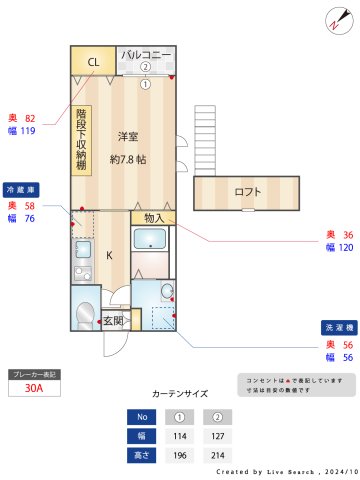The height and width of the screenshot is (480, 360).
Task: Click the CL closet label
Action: tap(93, 62)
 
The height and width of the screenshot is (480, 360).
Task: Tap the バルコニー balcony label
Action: tap(147, 54)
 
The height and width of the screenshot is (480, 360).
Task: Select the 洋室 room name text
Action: tap(127, 136)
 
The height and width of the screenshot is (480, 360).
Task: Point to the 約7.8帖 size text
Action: tap(129, 159)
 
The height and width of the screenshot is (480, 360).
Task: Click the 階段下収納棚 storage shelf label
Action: tap(81, 141)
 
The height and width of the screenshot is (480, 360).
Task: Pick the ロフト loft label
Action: tap(246, 192)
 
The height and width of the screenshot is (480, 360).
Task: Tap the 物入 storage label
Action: tap(153, 217)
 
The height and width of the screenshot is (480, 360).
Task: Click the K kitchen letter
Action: tap(109, 254)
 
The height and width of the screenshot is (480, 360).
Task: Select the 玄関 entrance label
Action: tap(113, 321)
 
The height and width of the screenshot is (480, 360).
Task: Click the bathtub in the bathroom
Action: tap(151, 241)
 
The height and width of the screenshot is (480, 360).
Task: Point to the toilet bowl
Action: tap(84, 311)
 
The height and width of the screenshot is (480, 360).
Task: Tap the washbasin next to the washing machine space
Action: tap(167, 293)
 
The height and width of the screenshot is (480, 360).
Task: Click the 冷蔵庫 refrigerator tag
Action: tap(21, 188)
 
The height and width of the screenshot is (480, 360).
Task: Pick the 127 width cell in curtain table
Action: tap(217, 436)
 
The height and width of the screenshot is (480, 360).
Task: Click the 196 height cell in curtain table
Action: tap(181, 455)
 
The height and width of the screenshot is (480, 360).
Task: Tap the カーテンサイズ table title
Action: tap(180, 394)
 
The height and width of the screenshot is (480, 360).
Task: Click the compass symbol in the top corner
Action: tap(335, 19)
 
